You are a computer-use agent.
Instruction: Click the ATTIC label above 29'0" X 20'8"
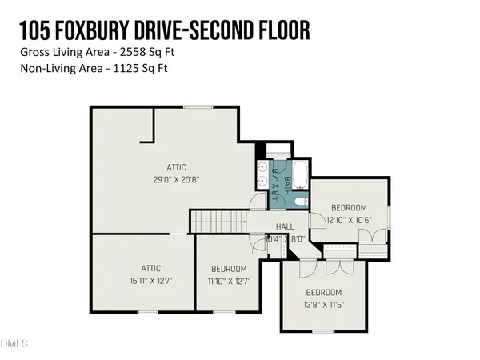177,167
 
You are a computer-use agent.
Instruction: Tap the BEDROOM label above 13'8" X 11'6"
323,292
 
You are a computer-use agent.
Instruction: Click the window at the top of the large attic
193,107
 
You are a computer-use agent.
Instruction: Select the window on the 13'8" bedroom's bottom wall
322,330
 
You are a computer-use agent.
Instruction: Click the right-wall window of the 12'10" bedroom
389,216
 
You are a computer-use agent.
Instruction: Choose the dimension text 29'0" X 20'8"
177,179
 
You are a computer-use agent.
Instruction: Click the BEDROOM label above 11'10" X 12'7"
228,269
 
